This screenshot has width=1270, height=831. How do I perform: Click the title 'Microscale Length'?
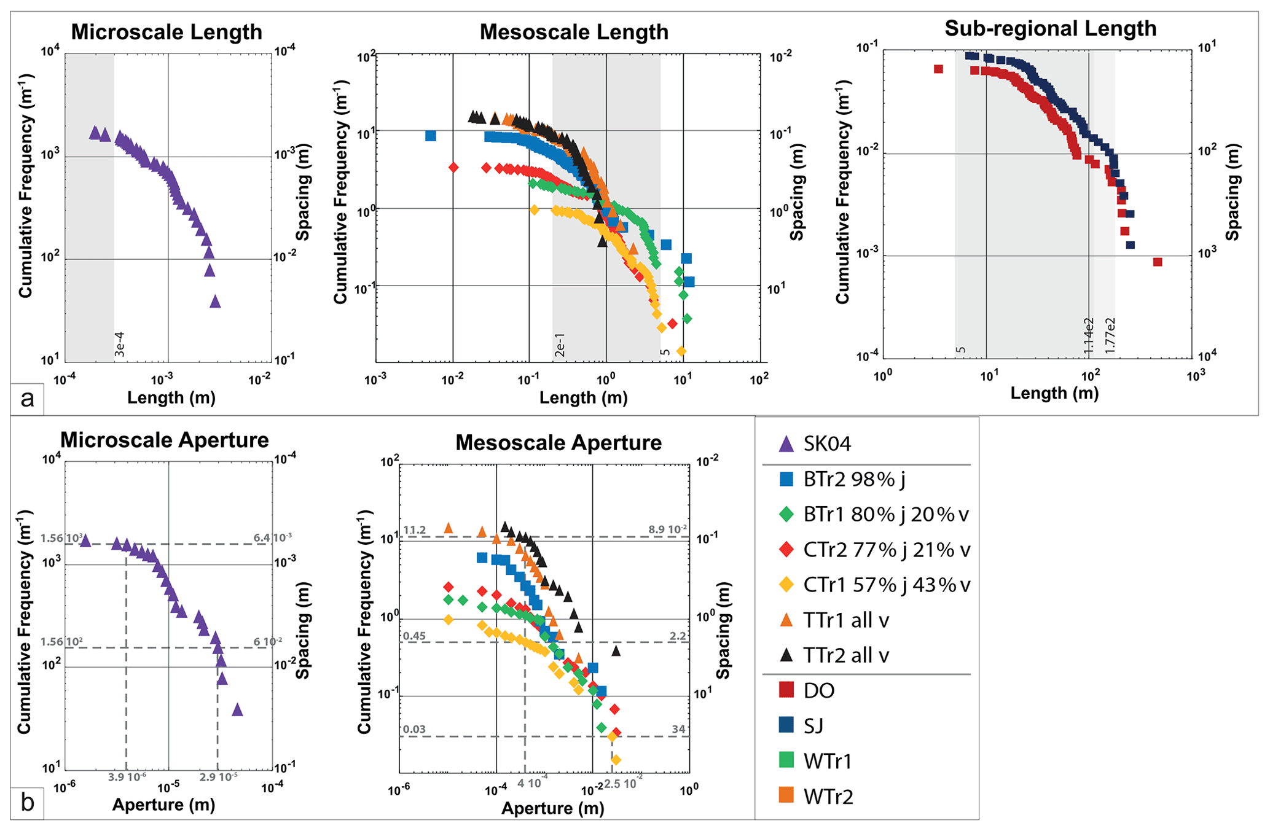(167, 32)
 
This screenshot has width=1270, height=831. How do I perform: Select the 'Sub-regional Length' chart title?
(1050, 28)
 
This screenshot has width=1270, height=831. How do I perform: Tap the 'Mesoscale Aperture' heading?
(558, 442)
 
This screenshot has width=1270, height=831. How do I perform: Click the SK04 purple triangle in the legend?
(786, 444)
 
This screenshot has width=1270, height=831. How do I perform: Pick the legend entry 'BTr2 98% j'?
(854, 479)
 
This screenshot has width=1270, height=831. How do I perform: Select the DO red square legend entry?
(786, 690)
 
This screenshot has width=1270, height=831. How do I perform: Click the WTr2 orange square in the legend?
(786, 796)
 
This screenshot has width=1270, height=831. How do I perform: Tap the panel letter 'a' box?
(27, 399)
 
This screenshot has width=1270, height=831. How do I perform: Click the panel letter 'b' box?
(27, 802)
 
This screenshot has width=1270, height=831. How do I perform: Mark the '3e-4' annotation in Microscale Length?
(120, 345)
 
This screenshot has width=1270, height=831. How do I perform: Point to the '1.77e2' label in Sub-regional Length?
(1110, 335)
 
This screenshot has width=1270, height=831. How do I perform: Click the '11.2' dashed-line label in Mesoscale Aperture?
(415, 530)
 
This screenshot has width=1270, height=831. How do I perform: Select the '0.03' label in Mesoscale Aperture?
(415, 729)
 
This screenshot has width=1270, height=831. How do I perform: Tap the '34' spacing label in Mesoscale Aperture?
(678, 729)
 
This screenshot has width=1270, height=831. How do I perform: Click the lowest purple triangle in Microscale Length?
(215, 302)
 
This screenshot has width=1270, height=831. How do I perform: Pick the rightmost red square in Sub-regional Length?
(1158, 262)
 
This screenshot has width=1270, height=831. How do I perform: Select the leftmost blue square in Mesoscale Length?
(431, 136)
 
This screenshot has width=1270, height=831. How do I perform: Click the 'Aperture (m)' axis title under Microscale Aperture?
(163, 805)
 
